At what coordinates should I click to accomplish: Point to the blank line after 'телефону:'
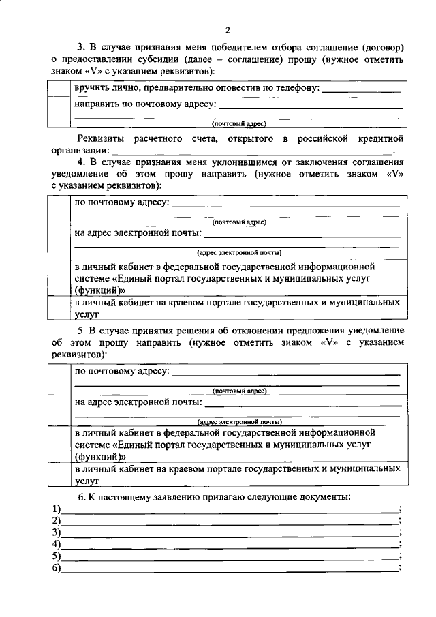pyautogui.click(x=361, y=91)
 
